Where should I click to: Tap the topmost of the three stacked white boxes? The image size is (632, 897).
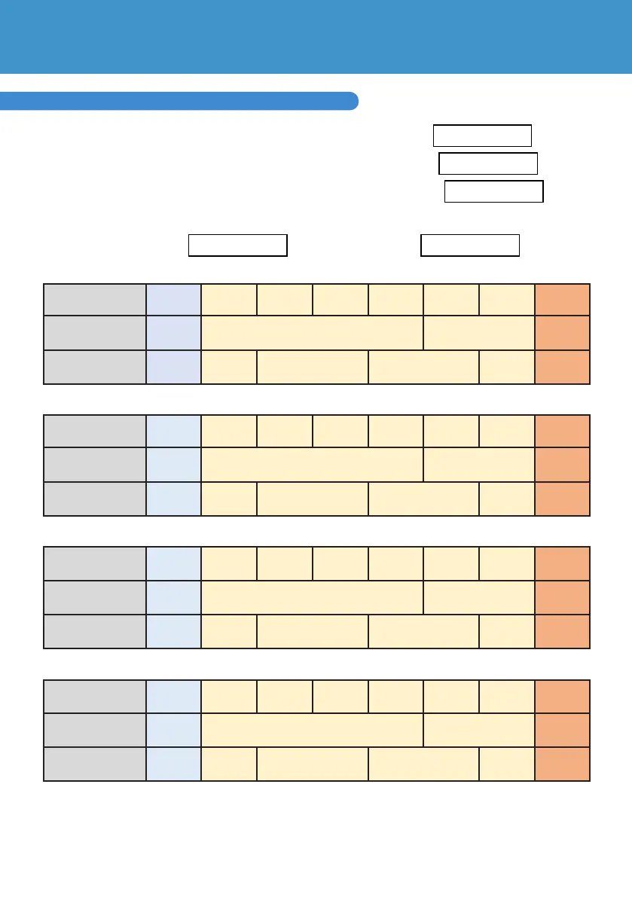pos(482,136)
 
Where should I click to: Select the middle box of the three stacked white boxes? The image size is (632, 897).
pos(487,163)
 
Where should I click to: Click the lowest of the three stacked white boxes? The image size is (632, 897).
pos(493,191)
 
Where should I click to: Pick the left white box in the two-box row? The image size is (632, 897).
pos(237,246)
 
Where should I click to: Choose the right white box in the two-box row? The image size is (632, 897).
pos(469,246)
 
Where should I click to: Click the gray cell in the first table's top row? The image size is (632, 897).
pos(95,301)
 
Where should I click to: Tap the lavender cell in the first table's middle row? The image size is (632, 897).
pos(173,334)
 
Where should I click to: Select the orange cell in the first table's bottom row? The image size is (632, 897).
pos(562,367)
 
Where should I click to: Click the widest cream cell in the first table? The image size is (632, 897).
pos(313,334)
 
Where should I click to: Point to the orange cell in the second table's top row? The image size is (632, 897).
pos(562,431)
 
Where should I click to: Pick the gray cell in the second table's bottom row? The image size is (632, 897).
pos(95,499)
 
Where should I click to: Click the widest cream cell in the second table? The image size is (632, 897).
pos(313,465)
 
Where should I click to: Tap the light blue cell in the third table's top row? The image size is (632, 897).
pos(173,563)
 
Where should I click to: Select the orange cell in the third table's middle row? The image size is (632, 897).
pos(562,597)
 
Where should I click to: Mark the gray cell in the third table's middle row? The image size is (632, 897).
pos(95,597)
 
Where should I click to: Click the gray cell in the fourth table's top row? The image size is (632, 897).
pos(95,697)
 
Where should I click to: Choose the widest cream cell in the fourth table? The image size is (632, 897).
pos(313,730)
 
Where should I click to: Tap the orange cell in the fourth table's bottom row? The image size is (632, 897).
pos(562,764)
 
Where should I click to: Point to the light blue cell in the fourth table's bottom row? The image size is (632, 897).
pos(173,764)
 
